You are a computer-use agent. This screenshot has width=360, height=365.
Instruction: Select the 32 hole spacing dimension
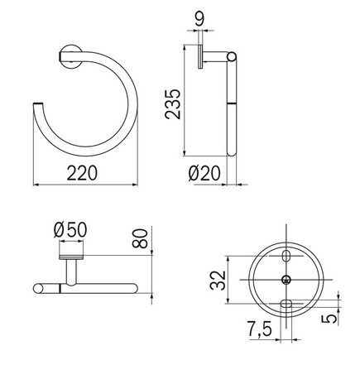pyautogui.click(x=214, y=279)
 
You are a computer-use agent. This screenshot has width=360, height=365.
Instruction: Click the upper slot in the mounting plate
pyautogui.click(x=286, y=254)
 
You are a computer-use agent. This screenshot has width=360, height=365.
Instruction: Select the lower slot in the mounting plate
pyautogui.click(x=286, y=305)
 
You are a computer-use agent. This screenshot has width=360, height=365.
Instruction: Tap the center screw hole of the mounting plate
pyautogui.click(x=286, y=280)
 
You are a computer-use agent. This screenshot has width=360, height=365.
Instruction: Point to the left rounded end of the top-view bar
pyautogui.click(x=36, y=289)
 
